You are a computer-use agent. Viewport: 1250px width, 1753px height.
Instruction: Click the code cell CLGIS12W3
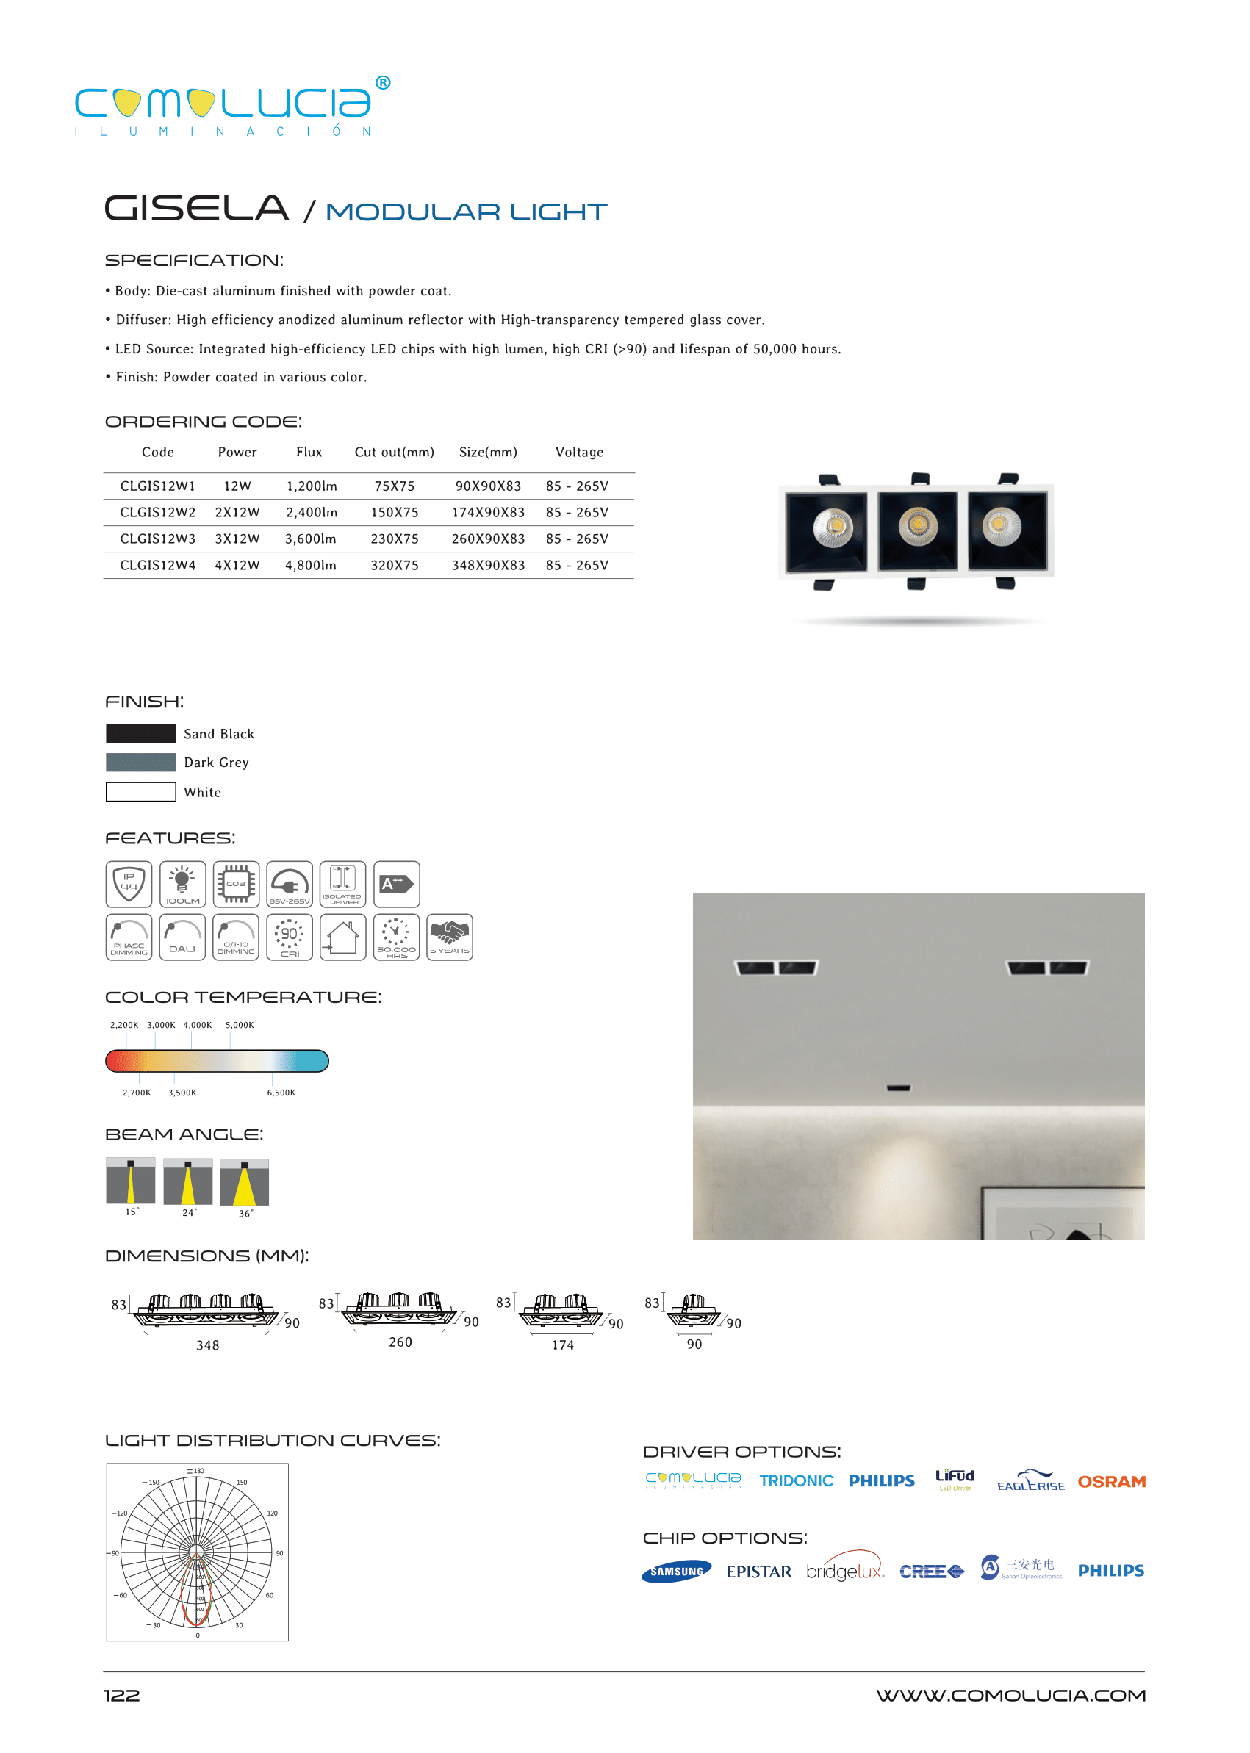pyautogui.click(x=158, y=539)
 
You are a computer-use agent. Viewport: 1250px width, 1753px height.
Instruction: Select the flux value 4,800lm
pyautogui.click(x=310, y=566)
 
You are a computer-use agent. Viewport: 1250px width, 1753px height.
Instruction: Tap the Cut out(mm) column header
pyautogui.click(x=394, y=453)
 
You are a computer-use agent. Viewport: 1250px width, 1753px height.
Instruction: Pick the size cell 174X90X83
pyautogui.click(x=488, y=513)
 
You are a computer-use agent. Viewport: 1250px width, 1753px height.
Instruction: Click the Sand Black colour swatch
pyautogui.click(x=141, y=733)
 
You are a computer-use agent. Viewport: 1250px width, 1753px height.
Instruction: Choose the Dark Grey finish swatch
pyautogui.click(x=141, y=763)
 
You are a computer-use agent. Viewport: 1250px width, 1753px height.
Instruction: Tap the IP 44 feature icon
pyautogui.click(x=129, y=883)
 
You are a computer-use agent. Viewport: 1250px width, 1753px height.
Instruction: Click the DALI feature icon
pyautogui.click(x=182, y=937)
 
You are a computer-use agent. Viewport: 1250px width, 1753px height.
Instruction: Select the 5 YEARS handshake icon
pyautogui.click(x=450, y=937)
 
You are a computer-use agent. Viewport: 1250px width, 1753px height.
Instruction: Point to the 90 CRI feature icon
pyautogui.click(x=290, y=937)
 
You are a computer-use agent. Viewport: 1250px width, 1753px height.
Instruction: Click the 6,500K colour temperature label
pyautogui.click(x=281, y=1093)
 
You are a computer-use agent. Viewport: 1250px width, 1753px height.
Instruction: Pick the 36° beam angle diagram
pyautogui.click(x=244, y=1183)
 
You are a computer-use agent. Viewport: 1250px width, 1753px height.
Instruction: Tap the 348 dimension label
pyautogui.click(x=208, y=1345)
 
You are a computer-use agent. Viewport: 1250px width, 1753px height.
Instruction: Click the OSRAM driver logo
pyautogui.click(x=1111, y=1481)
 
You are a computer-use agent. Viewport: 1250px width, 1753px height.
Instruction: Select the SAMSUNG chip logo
pyautogui.click(x=677, y=1572)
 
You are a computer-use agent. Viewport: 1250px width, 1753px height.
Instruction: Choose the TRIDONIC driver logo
pyautogui.click(x=796, y=1481)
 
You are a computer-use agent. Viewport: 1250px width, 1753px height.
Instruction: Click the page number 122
pyautogui.click(x=121, y=1695)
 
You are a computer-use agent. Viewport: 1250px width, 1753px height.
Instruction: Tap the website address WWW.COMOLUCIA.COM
pyautogui.click(x=1010, y=1695)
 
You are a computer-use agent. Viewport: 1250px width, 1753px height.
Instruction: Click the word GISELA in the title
pyautogui.click(x=197, y=209)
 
